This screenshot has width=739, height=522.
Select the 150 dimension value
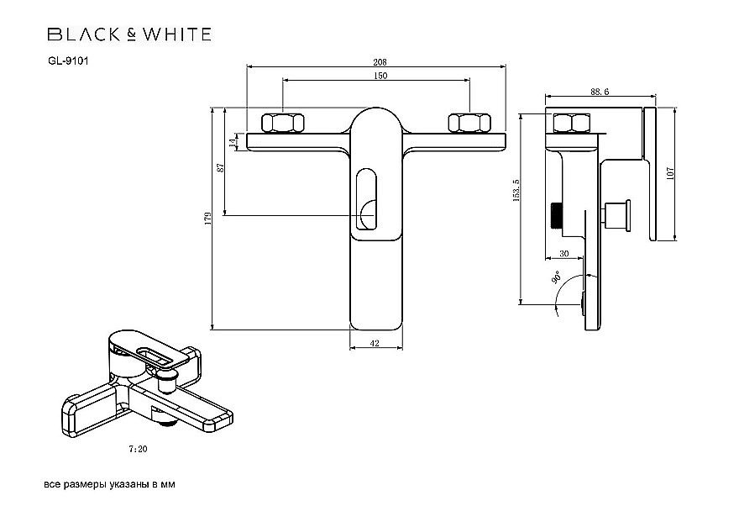pyautogui.click(x=379, y=76)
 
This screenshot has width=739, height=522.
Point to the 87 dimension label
pyautogui.click(x=221, y=167)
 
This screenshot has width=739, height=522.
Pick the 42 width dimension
pyautogui.click(x=375, y=343)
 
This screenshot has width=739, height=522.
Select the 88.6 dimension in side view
pyautogui.click(x=600, y=92)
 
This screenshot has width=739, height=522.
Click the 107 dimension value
pyautogui.click(x=670, y=174)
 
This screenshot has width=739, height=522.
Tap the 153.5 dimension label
pyautogui.click(x=516, y=192)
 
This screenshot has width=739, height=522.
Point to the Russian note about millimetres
pyautogui.click(x=109, y=486)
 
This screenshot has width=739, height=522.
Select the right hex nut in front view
pyautogui.click(x=469, y=123)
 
